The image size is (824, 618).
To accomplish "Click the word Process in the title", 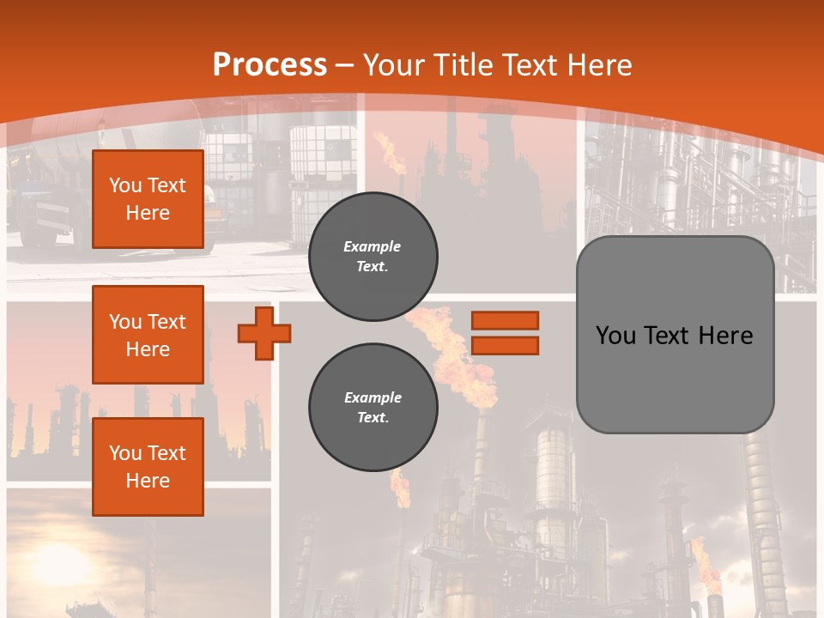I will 270,65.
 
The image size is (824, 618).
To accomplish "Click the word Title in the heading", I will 460,65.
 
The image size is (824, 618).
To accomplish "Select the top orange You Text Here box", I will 148,199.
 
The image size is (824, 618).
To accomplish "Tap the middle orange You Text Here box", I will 148,335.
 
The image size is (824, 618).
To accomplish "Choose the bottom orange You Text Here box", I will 148,467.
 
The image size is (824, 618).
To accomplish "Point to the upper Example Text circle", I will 373,257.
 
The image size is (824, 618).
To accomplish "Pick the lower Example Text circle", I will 373,408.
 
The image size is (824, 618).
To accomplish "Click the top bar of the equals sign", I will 505,320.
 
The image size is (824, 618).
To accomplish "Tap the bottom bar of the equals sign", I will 505,346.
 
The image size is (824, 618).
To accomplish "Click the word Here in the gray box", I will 725,336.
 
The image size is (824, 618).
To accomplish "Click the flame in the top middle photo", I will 393,154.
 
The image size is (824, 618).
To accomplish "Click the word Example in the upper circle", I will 373,246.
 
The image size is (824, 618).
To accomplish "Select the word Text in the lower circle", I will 373,418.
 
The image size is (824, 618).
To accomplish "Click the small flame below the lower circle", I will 400,489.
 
